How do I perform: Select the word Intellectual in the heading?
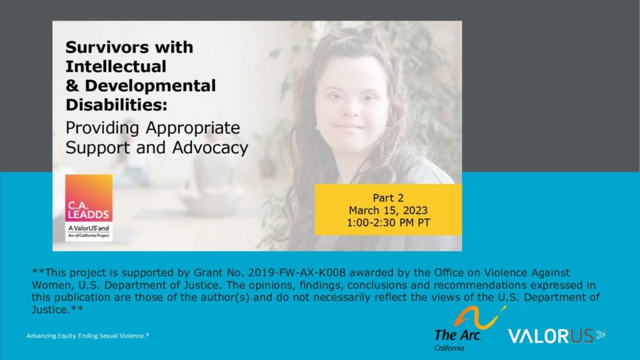pyautogui.click(x=116, y=66)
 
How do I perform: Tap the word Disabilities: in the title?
pyautogui.click(x=116, y=105)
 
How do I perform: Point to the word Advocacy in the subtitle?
pyautogui.click(x=210, y=148)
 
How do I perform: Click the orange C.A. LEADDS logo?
pyautogui.click(x=89, y=207)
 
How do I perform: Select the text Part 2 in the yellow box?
pyautogui.click(x=388, y=198)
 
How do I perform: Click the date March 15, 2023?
pyautogui.click(x=388, y=211)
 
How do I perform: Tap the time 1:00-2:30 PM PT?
pyautogui.click(x=388, y=223)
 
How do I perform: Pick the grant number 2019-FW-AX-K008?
pyautogui.click(x=297, y=272)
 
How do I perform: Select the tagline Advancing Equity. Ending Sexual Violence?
pyautogui.click(x=87, y=336)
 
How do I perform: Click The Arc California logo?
pyautogui.click(x=470, y=329)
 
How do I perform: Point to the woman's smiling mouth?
pyautogui.click(x=347, y=127)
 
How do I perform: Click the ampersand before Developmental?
pyautogui.click(x=72, y=86)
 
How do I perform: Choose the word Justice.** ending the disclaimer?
pyautogui.click(x=57, y=309)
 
